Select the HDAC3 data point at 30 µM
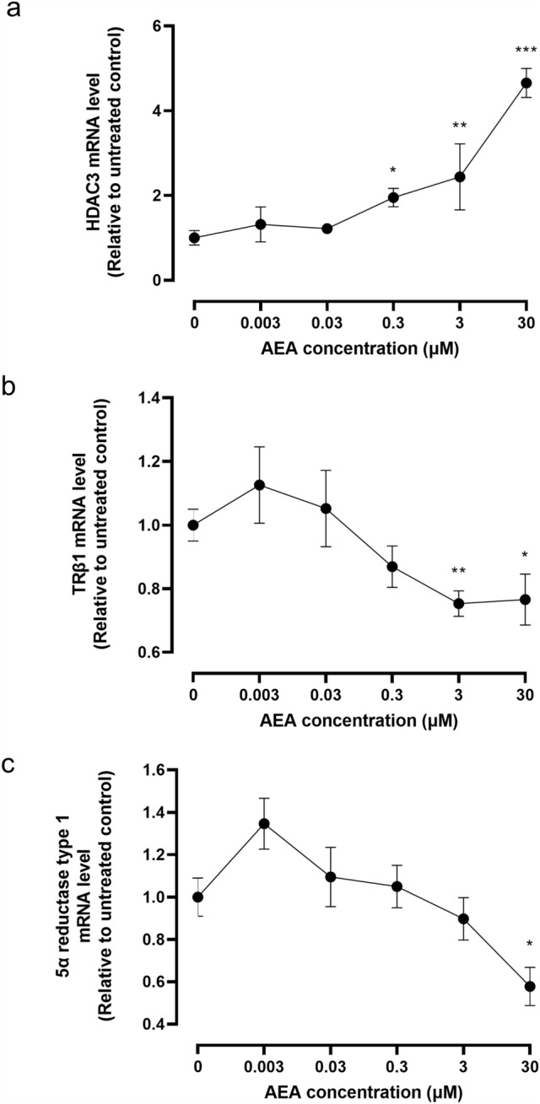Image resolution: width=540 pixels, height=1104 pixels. [526, 83]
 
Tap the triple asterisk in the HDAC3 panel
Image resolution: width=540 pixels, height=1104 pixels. [526, 53]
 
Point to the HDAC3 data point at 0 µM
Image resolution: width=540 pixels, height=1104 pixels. [194, 238]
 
